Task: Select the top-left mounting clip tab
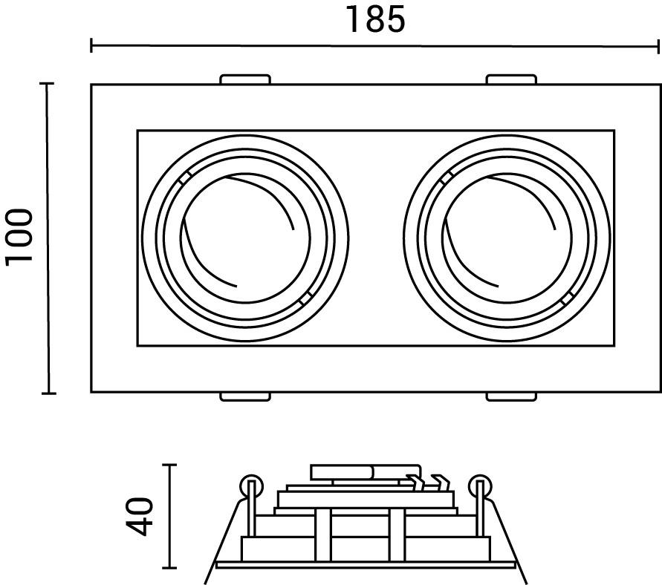tap(245, 79)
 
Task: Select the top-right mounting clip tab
tap(510, 79)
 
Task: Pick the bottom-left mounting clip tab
tap(245, 396)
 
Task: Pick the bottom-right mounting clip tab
tap(510, 396)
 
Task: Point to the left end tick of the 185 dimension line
tap(91, 46)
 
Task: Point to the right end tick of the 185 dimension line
tap(658, 46)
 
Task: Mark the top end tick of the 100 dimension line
tap(49, 85)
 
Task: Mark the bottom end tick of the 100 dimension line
tap(49, 392)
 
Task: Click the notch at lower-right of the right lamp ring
tap(569, 298)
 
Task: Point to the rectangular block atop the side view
tap(342, 472)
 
